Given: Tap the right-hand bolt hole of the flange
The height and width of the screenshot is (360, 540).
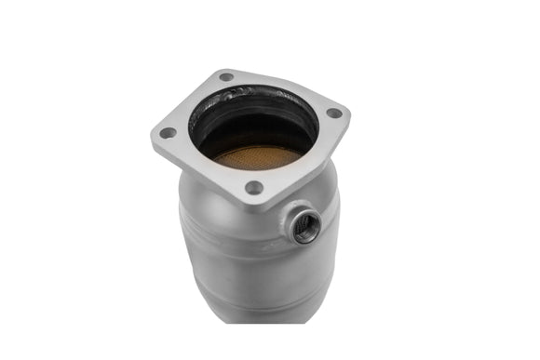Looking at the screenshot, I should click(334, 113).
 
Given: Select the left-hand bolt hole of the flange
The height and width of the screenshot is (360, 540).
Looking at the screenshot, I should click(168, 132).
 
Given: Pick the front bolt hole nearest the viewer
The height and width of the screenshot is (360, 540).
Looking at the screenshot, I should click(253, 187).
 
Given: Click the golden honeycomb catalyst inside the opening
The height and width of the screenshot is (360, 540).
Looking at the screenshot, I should click(255, 157).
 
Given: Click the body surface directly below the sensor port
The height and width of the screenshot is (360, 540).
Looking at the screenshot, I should click(304, 265).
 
